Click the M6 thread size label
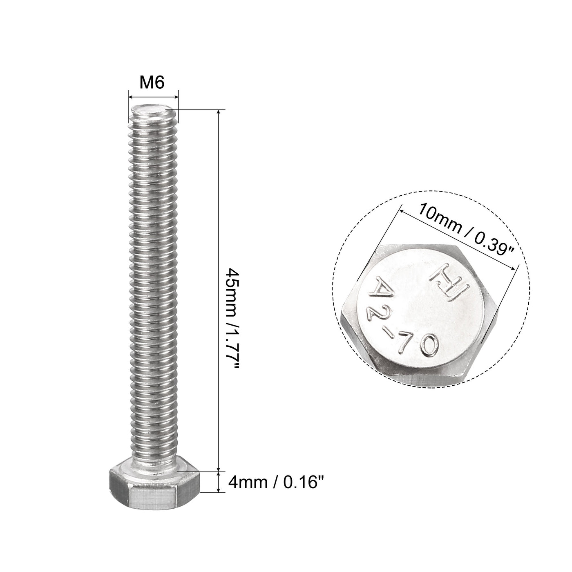click(152, 83)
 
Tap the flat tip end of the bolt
click(153, 109)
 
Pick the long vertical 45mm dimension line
click(221, 290)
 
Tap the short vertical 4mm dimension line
click(221, 483)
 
